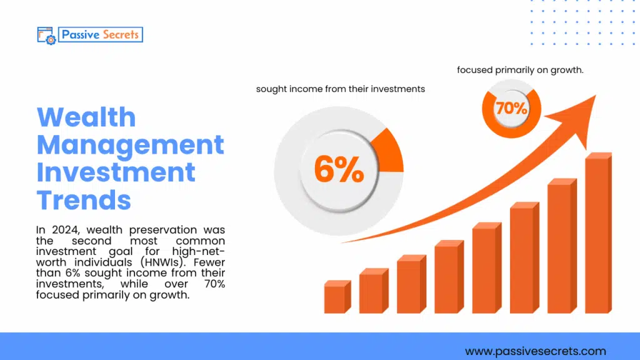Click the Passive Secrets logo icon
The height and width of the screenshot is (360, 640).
click(x=46, y=35)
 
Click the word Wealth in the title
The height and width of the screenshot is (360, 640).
click(x=86, y=117)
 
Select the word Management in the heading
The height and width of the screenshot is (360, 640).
click(x=130, y=145)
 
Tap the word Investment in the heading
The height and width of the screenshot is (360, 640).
click(x=116, y=172)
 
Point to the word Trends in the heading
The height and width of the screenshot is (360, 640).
click(x=84, y=200)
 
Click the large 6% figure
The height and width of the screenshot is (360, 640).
click(x=339, y=169)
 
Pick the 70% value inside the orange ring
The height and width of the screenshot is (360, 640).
click(x=511, y=108)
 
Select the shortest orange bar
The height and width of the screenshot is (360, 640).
click(x=336, y=297)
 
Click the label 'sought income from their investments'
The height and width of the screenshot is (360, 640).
click(x=340, y=89)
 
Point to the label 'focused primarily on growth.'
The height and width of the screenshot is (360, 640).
click(x=520, y=70)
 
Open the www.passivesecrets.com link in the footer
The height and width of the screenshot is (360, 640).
click(x=535, y=351)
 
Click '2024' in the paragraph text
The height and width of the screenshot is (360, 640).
click(x=64, y=231)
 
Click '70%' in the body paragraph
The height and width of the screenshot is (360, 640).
click(x=214, y=284)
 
